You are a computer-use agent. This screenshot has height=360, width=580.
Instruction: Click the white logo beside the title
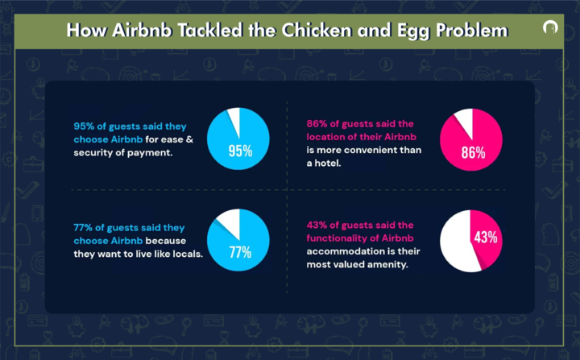point(550,28)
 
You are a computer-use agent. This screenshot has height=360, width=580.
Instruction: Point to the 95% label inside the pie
point(240,151)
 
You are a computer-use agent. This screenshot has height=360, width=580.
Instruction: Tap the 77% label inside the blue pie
point(240,253)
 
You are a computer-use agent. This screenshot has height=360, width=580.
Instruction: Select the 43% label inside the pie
point(486,238)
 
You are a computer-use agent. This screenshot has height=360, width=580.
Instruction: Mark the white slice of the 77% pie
point(227,221)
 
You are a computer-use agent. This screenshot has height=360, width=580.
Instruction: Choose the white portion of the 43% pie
point(458,242)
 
